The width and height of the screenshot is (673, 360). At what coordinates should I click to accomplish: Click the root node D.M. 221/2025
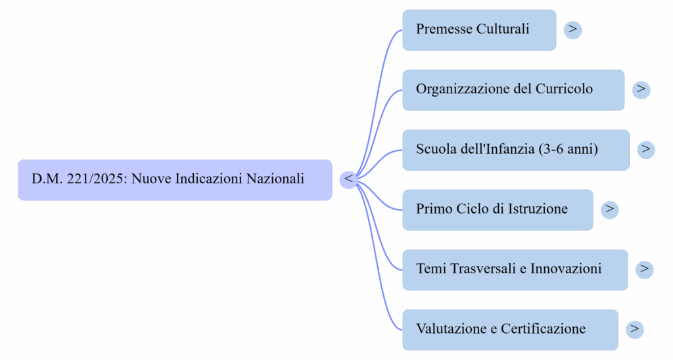click(174, 179)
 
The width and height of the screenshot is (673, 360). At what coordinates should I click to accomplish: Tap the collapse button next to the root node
click(348, 179)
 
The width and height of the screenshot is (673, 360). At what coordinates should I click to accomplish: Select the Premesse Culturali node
click(479, 30)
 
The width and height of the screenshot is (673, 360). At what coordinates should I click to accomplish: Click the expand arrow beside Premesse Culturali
click(573, 30)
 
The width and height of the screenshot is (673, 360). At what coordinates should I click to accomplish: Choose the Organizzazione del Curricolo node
click(513, 89)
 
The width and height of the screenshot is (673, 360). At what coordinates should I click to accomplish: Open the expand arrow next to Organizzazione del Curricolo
click(641, 89)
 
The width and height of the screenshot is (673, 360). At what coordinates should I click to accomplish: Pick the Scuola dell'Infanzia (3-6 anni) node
click(515, 150)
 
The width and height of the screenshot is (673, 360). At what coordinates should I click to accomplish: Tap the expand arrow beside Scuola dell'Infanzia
click(646, 150)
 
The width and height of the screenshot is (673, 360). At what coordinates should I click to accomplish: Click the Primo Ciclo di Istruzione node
click(498, 210)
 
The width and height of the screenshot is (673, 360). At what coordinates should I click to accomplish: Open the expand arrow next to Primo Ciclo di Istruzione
click(609, 210)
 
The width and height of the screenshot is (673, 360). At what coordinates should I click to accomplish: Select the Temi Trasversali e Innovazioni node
click(515, 269)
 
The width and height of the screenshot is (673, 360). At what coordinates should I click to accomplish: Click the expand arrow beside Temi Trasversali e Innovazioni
click(645, 269)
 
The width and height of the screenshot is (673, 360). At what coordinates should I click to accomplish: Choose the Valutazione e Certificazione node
click(510, 329)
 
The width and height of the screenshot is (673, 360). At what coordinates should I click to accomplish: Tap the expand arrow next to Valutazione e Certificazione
click(634, 329)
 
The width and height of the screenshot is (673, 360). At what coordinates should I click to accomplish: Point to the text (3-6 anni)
click(568, 150)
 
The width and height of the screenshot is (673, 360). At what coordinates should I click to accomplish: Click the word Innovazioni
click(566, 269)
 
